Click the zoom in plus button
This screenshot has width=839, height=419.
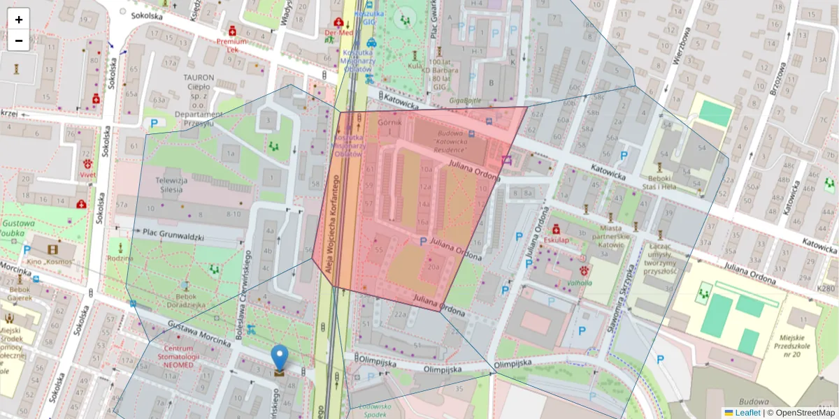(19, 20)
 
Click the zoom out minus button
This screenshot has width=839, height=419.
(19, 41)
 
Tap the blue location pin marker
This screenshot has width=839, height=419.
(280, 358)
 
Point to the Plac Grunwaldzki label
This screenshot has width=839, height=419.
(173, 235)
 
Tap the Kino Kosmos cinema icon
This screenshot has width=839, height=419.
(53, 249)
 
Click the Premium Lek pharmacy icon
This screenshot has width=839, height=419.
(231, 31)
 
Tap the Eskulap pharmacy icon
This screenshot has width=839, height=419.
(557, 228)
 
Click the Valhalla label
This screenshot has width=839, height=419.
(580, 283)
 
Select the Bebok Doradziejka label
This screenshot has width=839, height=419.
(181, 300)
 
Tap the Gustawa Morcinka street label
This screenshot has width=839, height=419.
(199, 334)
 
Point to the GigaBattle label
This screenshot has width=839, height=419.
(465, 100)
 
